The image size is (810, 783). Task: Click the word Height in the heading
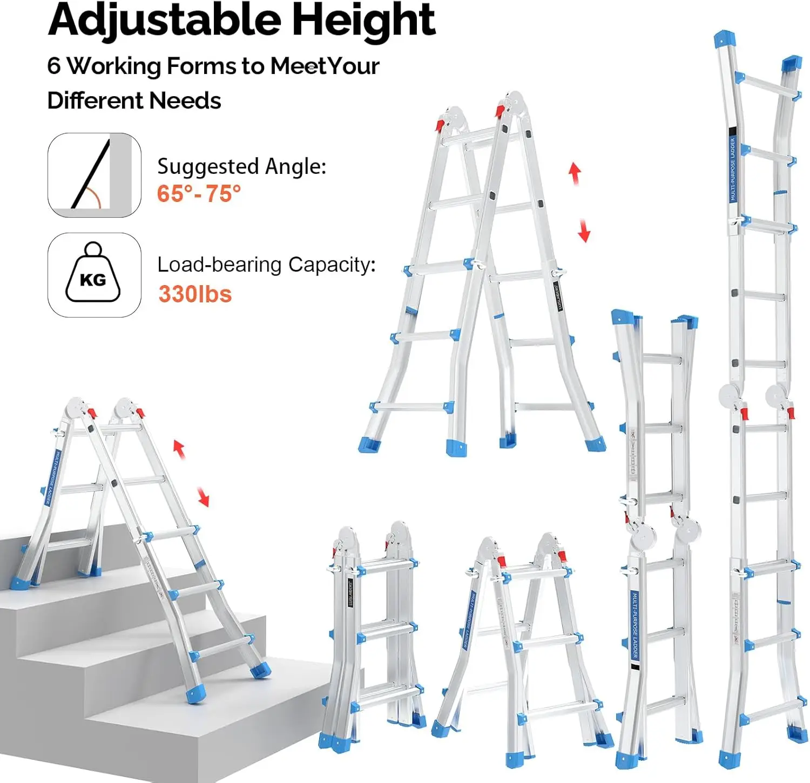pos(363,21)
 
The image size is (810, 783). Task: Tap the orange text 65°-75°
pos(199,193)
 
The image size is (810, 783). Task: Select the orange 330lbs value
pos(195,294)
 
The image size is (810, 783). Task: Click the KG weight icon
pos(93,274)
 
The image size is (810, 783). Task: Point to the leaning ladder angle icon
pos(93,175)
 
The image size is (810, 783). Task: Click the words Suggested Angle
pos(241,166)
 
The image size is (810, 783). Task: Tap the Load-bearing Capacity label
pos(266,265)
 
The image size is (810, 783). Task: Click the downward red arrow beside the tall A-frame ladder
pos(584,231)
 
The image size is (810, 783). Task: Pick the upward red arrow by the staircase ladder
pos(179,449)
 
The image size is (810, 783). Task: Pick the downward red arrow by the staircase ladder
pos(202,496)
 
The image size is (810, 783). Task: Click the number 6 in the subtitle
pos(54,66)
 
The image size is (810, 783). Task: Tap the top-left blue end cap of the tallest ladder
pos(724,39)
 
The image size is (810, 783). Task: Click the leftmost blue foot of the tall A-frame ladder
pos(369,445)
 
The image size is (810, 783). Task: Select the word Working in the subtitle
pos(114,66)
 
